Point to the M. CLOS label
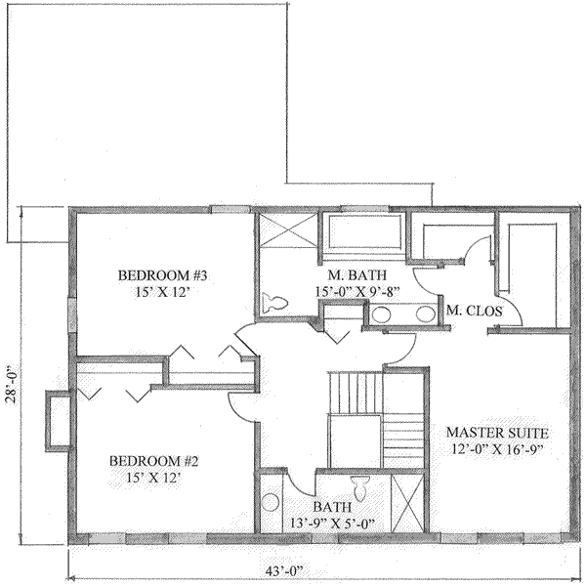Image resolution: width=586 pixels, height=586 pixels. coord(474,311)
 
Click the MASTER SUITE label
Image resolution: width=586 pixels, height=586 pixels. coord(498,432)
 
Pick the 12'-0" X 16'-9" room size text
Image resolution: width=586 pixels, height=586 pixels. coord(498,449)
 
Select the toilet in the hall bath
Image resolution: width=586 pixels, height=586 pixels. coord(360,486)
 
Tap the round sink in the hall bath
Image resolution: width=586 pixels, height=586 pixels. coord(271,506)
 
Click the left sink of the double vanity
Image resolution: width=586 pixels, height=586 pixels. coord(382,315)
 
